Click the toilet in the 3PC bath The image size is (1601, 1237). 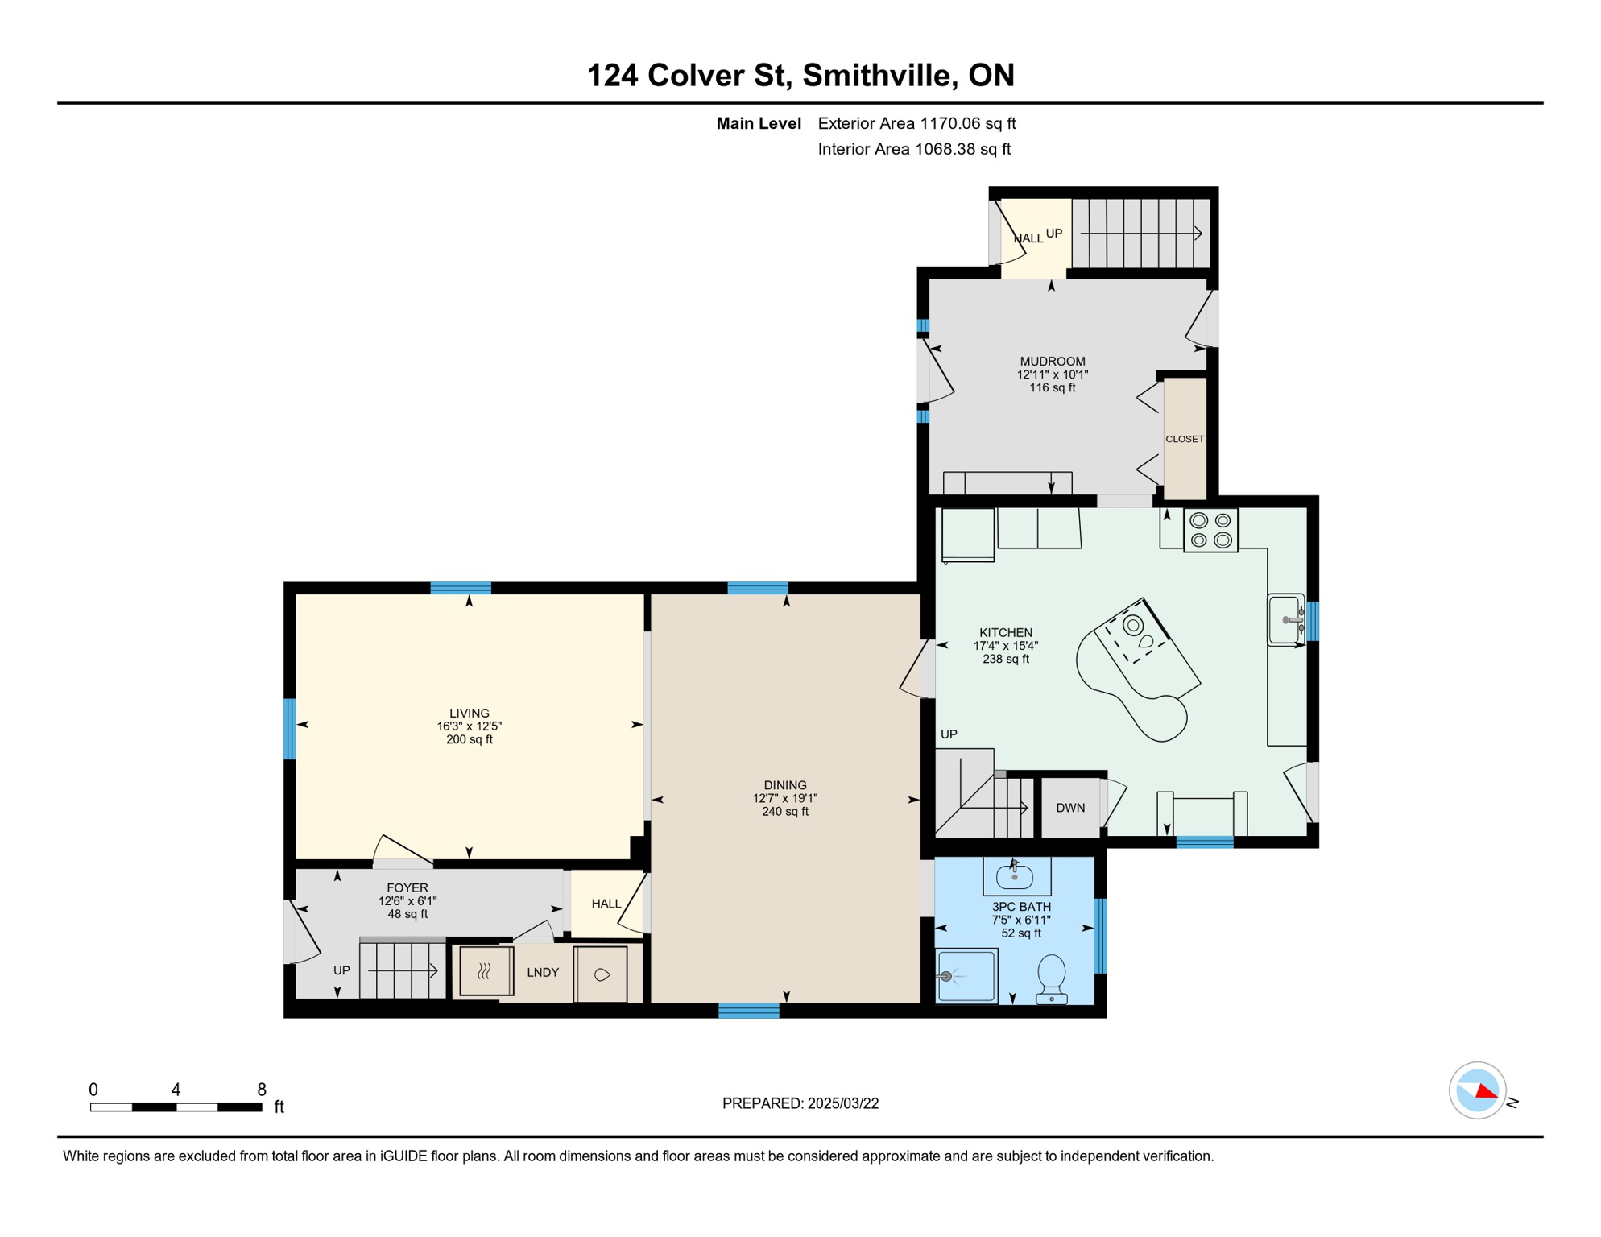click(x=1052, y=978)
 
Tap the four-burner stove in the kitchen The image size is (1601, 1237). click(x=1210, y=531)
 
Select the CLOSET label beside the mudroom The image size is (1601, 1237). click(x=1185, y=439)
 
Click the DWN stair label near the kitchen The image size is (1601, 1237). click(x=1070, y=808)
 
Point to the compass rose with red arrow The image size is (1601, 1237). click(x=1478, y=1090)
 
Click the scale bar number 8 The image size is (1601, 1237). click(x=262, y=1090)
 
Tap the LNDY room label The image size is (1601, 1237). click(x=543, y=973)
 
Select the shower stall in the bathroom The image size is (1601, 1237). click(x=967, y=976)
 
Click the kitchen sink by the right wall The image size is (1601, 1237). click(x=1286, y=619)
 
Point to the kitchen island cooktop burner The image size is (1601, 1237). click(x=1133, y=625)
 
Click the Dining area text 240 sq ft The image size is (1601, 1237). click(x=785, y=812)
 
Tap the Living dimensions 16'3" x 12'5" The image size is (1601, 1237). click(x=470, y=726)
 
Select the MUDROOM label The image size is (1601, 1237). click(x=1053, y=362)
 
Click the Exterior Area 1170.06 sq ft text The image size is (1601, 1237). click(x=916, y=123)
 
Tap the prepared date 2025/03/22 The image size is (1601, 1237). click(x=842, y=1103)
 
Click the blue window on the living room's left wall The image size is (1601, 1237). click(x=290, y=729)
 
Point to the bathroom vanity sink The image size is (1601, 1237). click(x=1015, y=875)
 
